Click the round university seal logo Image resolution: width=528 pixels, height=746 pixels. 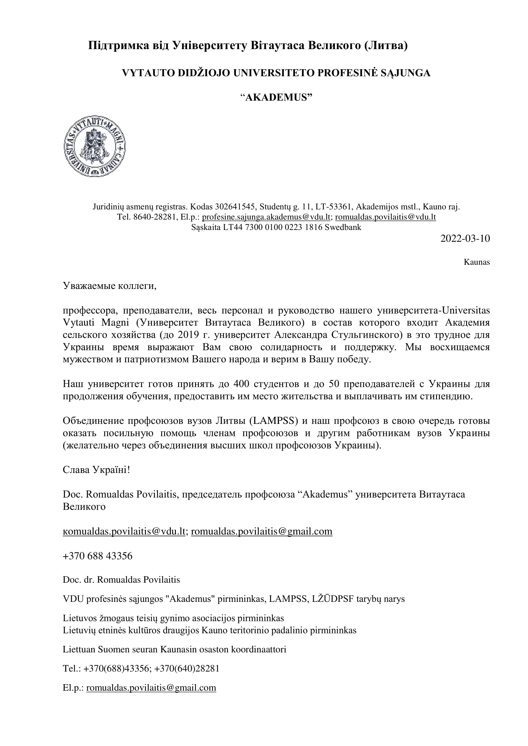point(94,146)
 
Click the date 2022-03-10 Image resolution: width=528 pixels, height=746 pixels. point(464,238)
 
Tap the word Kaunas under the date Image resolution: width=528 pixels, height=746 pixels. point(476,262)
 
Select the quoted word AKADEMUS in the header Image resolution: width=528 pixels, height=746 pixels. point(276,97)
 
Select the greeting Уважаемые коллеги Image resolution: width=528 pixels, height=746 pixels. point(109,286)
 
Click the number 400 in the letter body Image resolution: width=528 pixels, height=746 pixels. point(241,384)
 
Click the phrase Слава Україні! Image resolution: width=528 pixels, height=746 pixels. point(96,470)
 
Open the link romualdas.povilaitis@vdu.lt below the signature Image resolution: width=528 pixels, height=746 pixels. point(124,531)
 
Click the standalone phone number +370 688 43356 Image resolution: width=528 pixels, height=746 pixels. point(98,556)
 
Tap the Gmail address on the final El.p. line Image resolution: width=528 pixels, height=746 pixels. point(151,688)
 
